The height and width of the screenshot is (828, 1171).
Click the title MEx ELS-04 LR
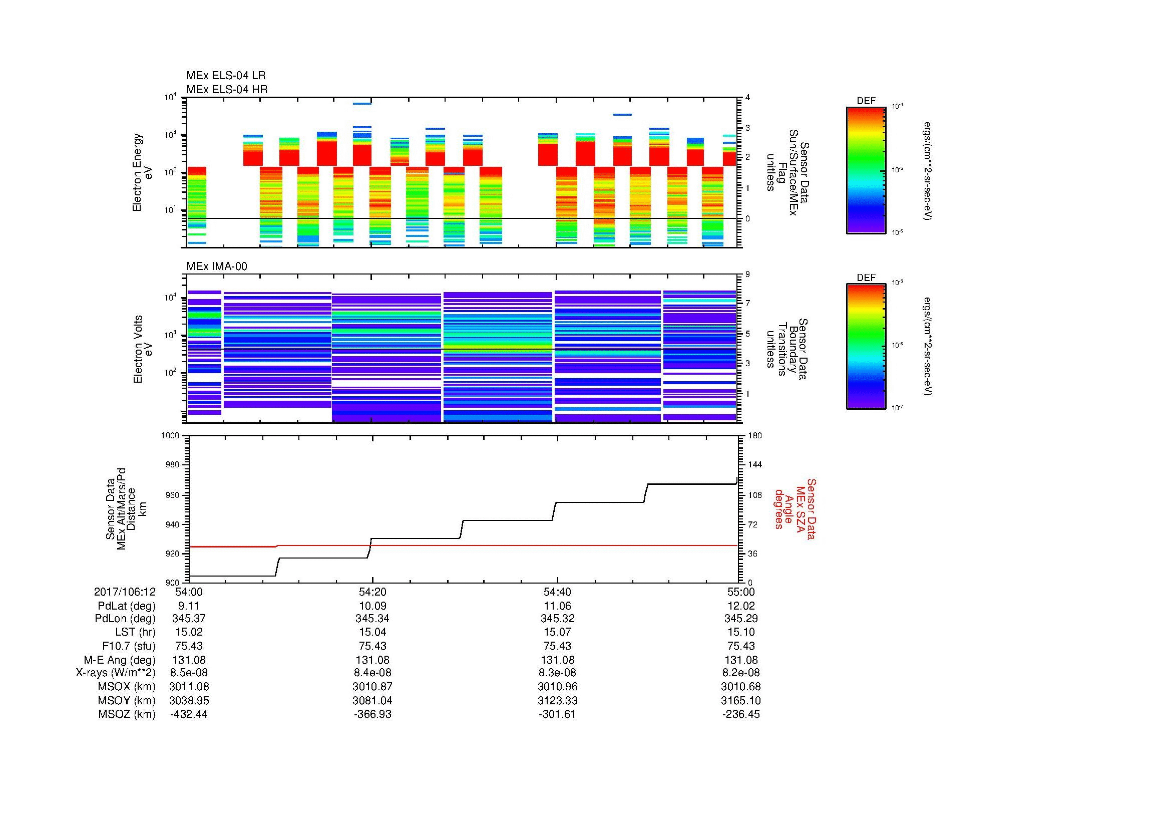pyautogui.click(x=225, y=76)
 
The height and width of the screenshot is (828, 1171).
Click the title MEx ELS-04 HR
pyautogui.click(x=226, y=89)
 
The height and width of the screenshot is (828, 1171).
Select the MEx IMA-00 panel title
pyautogui.click(x=216, y=266)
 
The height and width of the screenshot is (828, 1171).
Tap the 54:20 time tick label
pyautogui.click(x=372, y=592)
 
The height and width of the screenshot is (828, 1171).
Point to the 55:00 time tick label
pyautogui.click(x=740, y=592)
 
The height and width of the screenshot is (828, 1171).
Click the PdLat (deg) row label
pyautogui.click(x=127, y=606)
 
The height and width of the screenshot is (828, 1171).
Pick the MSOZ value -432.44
pyautogui.click(x=189, y=714)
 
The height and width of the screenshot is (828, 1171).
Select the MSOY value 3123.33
pyautogui.click(x=557, y=701)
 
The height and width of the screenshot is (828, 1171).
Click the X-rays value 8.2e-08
pyautogui.click(x=740, y=673)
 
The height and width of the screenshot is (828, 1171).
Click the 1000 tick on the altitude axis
pyautogui.click(x=170, y=436)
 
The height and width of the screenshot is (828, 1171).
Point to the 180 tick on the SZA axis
pyautogui.click(x=755, y=436)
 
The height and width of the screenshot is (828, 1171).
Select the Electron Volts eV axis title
pyautogui.click(x=143, y=349)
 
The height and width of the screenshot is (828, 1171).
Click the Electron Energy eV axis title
pyautogui.click(x=142, y=172)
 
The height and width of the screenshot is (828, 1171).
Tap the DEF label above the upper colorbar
pyautogui.click(x=866, y=101)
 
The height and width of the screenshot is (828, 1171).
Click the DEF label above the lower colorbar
pyautogui.click(x=866, y=278)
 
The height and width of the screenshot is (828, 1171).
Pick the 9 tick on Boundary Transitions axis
pyautogui.click(x=747, y=274)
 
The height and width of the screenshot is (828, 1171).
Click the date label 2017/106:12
pyautogui.click(x=125, y=592)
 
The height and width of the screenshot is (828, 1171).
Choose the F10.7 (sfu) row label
pyautogui.click(x=129, y=646)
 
